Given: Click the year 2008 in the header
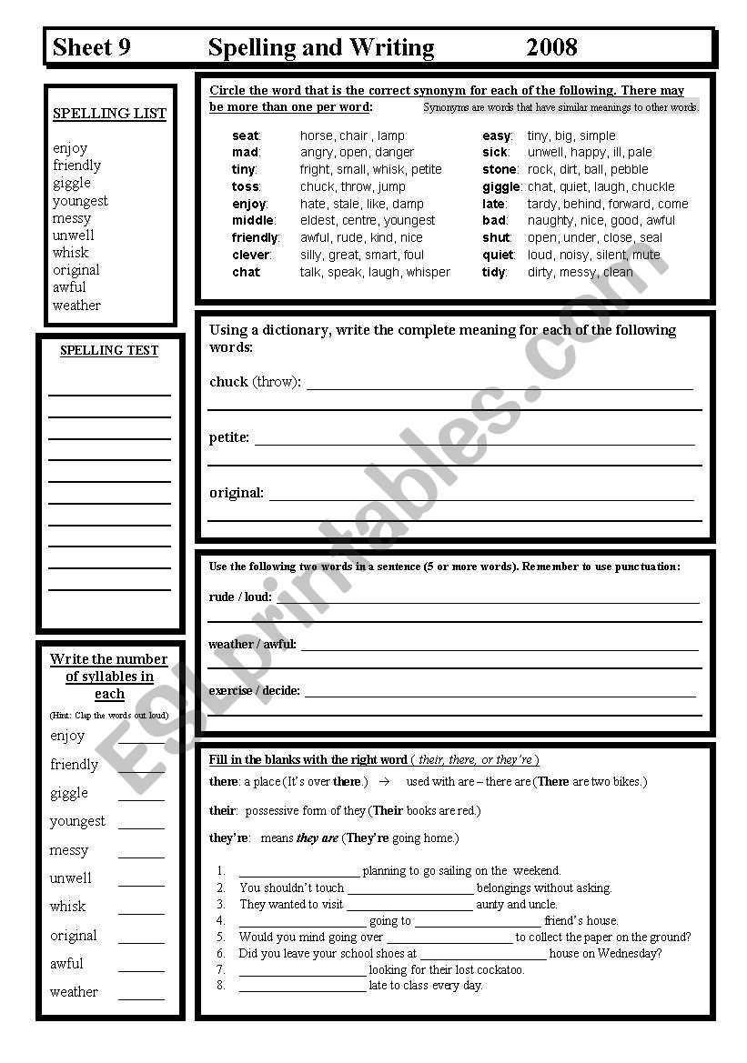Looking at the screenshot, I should (x=551, y=47).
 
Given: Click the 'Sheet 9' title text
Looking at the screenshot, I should (x=92, y=47).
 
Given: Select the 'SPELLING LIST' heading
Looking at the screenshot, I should (x=109, y=114).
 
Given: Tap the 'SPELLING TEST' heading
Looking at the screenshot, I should (x=109, y=350).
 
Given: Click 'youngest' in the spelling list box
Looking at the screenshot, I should (x=80, y=200).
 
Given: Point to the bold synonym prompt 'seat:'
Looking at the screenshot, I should (x=246, y=135).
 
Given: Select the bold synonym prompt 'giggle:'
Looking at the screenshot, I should (x=501, y=186).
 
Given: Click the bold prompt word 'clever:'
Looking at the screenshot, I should (x=251, y=255).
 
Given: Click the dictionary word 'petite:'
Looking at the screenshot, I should (x=229, y=437).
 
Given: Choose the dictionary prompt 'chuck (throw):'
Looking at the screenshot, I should (x=255, y=382).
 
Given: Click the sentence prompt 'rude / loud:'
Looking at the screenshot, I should (x=240, y=597).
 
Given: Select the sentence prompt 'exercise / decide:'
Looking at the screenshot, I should (x=254, y=690).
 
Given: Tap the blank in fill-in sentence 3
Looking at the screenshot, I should (x=409, y=906).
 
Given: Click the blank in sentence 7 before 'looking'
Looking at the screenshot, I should (x=302, y=971).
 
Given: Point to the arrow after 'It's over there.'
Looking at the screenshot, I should (x=384, y=781).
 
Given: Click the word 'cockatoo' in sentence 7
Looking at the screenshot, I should (x=502, y=969).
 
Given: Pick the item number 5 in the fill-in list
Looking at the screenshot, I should (x=220, y=937).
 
